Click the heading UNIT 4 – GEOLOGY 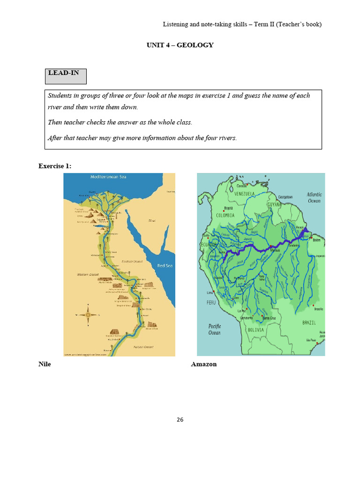point(180,45)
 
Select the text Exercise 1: point(55,165)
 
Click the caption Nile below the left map point(45,364)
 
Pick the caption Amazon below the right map point(204,364)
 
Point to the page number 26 point(180,420)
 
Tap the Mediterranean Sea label point(109,177)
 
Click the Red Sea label point(165,266)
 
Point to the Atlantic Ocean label point(314,197)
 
